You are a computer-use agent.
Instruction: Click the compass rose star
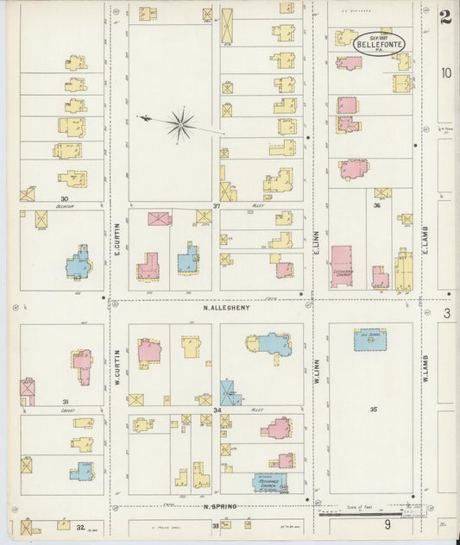(x=180, y=125)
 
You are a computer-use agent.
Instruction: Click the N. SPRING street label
(x=220, y=507)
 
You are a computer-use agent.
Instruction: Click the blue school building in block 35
(x=370, y=340)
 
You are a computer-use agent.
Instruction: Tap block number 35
(x=374, y=408)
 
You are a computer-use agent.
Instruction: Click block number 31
(x=65, y=402)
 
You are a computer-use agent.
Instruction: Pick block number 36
(x=376, y=205)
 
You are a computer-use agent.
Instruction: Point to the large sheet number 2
(x=445, y=17)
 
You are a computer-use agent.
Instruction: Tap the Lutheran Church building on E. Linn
(x=342, y=266)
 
